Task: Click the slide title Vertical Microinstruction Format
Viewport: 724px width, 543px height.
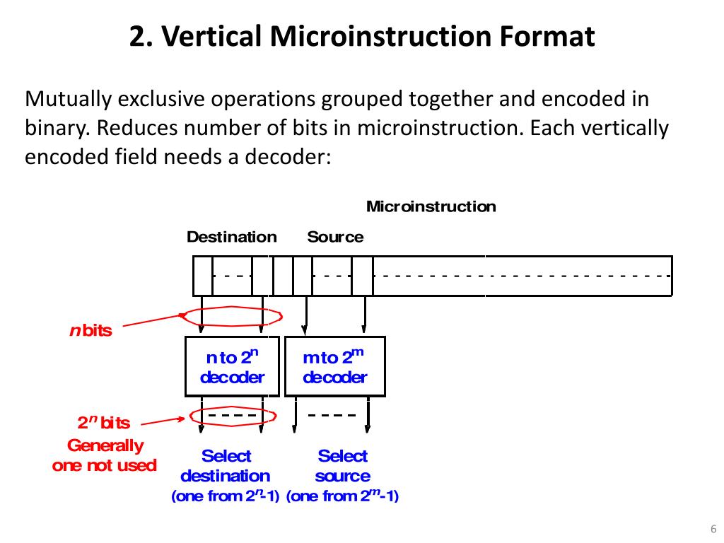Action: (362, 37)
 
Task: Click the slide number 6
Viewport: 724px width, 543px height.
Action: (713, 529)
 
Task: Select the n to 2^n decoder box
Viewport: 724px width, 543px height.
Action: (232, 366)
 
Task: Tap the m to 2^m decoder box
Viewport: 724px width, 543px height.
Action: (334, 366)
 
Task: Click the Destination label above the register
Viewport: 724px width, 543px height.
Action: (231, 237)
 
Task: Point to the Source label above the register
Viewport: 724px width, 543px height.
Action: (335, 237)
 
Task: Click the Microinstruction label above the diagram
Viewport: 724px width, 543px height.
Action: (431, 206)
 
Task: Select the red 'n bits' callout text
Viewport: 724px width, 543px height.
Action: (90, 330)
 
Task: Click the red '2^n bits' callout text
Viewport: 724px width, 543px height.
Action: (104, 423)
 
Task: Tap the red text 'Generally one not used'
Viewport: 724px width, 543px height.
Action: (104, 455)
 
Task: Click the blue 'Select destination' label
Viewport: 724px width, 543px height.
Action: (226, 466)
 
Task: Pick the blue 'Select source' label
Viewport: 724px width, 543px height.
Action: (342, 466)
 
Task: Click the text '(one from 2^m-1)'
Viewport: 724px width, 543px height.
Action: (343, 496)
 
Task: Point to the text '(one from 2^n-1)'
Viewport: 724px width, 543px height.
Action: (226, 496)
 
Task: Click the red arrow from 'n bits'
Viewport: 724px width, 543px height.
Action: (152, 321)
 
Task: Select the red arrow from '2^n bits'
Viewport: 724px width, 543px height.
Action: (163, 421)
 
